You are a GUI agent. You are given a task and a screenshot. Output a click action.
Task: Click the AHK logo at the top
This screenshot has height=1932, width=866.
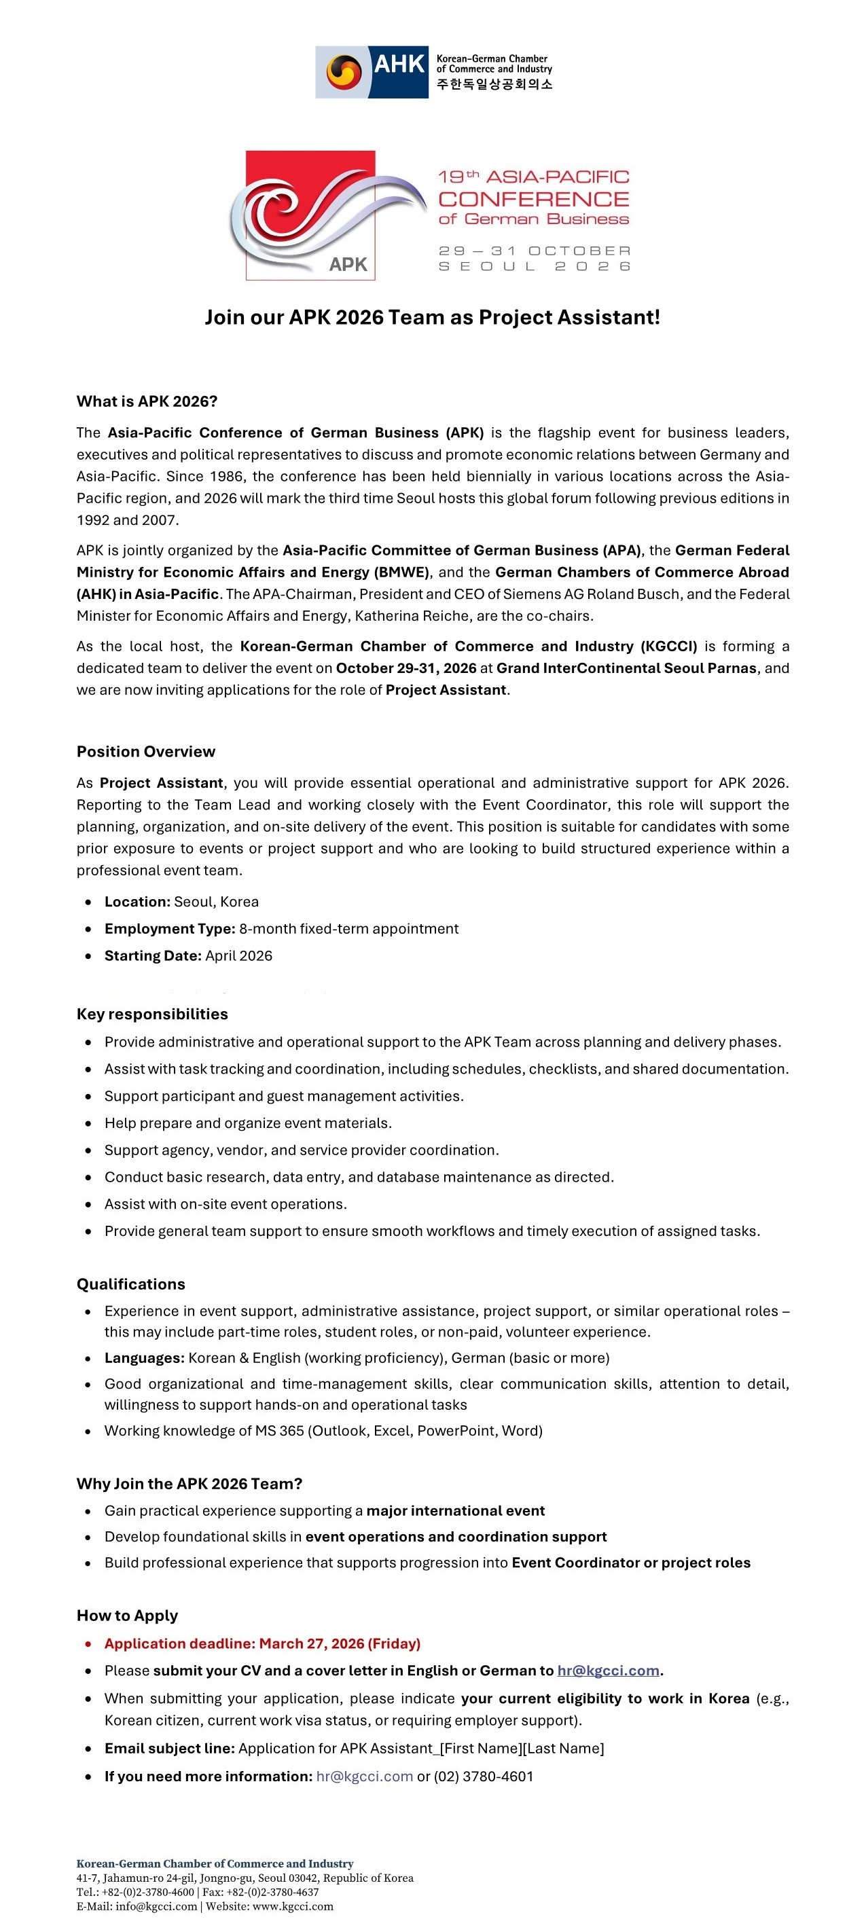point(433,71)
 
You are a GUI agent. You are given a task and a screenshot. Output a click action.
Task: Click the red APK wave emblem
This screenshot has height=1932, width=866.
point(310,215)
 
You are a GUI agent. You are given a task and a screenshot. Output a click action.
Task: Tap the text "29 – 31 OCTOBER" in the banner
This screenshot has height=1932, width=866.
point(535,251)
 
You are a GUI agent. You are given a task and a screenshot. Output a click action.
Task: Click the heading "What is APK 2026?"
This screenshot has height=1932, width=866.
point(147,401)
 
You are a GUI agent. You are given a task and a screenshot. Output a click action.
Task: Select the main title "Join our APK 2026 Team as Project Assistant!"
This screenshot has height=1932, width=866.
point(432,317)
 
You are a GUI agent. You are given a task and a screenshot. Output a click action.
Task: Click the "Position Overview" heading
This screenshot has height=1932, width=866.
point(145,752)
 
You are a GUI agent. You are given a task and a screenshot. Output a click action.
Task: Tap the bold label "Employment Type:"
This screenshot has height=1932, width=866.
point(170,928)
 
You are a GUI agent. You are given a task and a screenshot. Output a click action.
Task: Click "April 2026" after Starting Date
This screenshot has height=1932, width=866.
point(238,955)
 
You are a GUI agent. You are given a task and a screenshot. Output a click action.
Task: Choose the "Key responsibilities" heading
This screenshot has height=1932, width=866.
point(151,1014)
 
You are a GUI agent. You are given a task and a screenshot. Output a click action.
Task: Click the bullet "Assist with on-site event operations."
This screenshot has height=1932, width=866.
point(225,1204)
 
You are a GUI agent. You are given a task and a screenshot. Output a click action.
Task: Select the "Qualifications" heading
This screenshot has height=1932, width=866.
point(130,1284)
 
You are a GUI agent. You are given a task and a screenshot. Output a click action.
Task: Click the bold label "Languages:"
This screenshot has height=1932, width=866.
point(144,1357)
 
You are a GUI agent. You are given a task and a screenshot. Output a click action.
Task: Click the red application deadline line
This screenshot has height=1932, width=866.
point(262,1643)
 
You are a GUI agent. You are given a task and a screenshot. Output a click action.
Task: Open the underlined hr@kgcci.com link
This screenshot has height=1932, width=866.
point(608,1671)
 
